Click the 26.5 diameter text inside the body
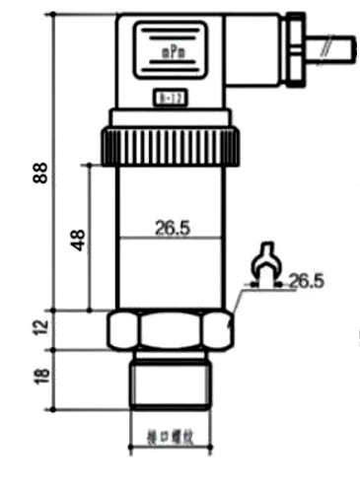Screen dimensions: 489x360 tap(172, 228)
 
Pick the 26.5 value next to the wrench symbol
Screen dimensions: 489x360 tap(307, 282)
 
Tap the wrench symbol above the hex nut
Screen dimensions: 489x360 tap(264, 264)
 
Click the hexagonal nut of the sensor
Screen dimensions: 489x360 tap(169, 329)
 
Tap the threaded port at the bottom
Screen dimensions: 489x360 tap(170, 379)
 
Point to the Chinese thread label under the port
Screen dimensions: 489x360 tap(170, 434)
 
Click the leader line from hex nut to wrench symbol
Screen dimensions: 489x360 tap(237, 302)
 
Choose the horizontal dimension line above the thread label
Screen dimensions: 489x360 tap(170, 420)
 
